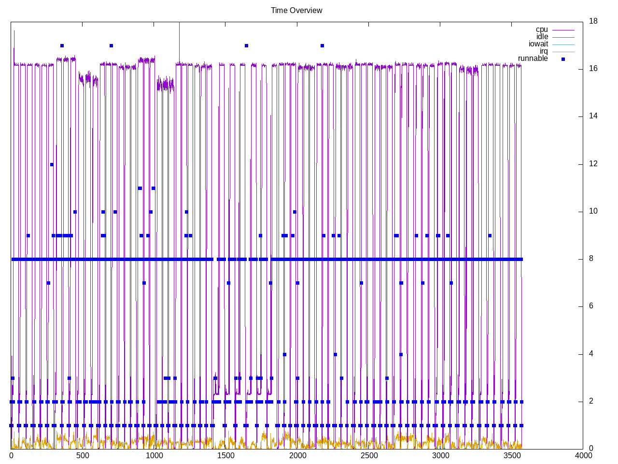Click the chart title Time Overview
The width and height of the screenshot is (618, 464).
click(x=296, y=10)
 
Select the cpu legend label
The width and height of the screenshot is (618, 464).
click(x=542, y=29)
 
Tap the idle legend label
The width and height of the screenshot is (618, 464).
click(x=542, y=37)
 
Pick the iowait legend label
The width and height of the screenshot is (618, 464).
click(x=538, y=44)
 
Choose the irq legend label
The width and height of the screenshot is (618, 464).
click(x=544, y=51)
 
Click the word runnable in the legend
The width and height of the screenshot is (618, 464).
click(x=533, y=58)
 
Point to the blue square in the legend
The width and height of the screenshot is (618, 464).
click(x=563, y=59)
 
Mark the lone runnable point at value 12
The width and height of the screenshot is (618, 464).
click(x=52, y=164)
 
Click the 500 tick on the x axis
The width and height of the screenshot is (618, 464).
click(x=83, y=456)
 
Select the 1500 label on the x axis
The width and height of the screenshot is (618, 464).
click(x=225, y=456)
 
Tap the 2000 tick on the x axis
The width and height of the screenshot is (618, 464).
click(x=297, y=456)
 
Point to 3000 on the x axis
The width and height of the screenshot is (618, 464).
click(x=440, y=456)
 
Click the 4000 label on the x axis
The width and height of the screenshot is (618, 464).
click(x=583, y=456)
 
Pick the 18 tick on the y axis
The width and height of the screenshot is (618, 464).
click(x=593, y=21)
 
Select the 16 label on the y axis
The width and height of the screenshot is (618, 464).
click(x=593, y=69)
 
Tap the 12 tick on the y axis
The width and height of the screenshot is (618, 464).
click(x=593, y=164)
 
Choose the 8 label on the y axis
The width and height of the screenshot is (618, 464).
click(x=591, y=259)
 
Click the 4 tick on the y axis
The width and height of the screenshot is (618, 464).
click(x=591, y=354)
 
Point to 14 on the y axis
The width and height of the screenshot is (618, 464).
click(x=593, y=116)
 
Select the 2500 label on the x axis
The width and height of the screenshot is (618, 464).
click(x=368, y=456)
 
